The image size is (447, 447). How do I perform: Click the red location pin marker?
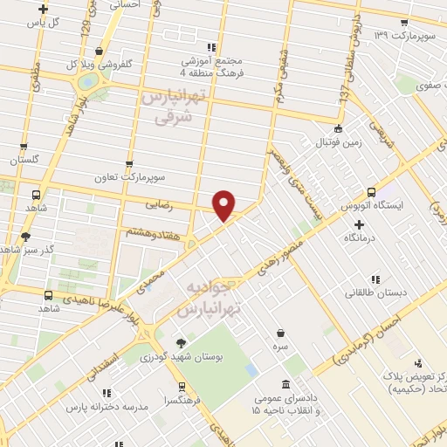(x=224, y=204)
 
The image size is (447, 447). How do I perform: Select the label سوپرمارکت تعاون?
(x=130, y=177)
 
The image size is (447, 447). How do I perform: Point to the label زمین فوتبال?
(x=337, y=141)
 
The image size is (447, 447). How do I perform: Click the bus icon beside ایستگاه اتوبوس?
(x=372, y=191)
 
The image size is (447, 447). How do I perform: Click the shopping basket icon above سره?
(x=280, y=333)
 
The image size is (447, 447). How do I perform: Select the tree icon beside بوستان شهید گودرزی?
(x=182, y=342)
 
